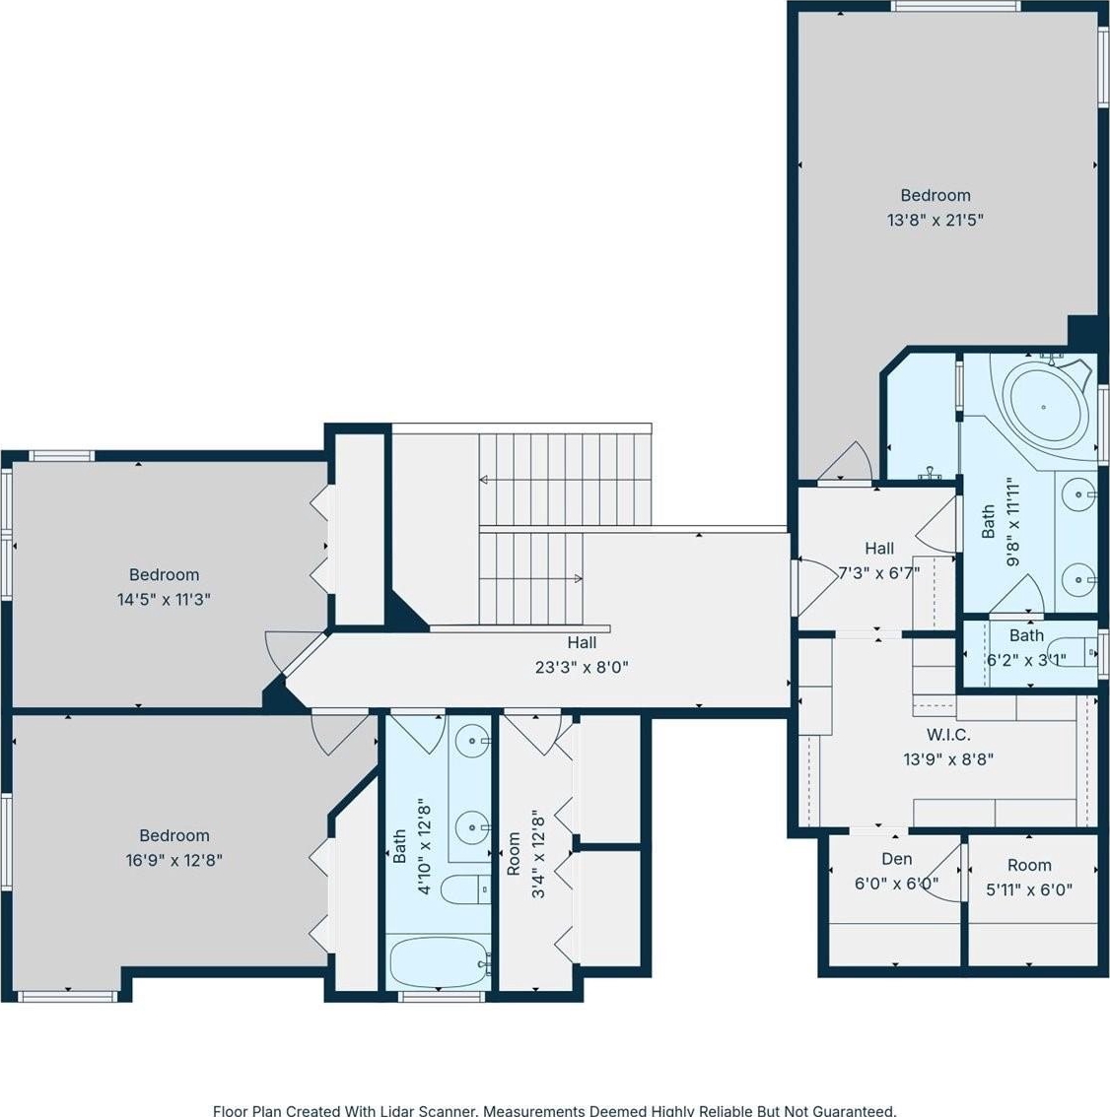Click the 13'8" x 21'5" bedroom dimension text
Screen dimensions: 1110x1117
click(x=935, y=220)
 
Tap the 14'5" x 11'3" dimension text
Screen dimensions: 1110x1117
click(x=164, y=600)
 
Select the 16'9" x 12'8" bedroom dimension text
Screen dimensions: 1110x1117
click(x=173, y=861)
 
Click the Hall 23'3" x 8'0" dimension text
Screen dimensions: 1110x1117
click(x=582, y=668)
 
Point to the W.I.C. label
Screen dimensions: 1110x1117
click(x=948, y=735)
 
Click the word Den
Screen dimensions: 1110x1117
click(x=897, y=859)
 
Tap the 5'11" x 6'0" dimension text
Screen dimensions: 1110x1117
click(x=1029, y=889)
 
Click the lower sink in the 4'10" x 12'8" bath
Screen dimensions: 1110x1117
click(x=472, y=827)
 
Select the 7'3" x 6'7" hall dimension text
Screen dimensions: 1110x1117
click(x=878, y=572)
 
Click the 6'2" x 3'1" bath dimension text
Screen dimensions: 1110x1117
click(x=1026, y=660)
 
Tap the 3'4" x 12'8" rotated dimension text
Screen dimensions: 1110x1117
click(x=539, y=853)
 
